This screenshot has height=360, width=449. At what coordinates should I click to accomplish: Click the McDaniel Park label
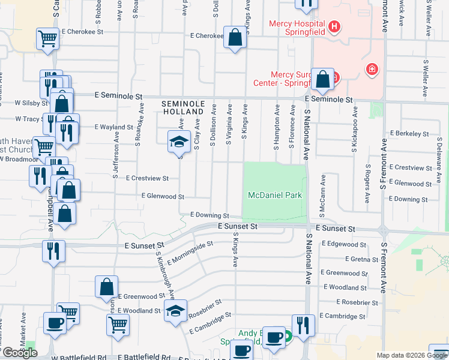point(275,196)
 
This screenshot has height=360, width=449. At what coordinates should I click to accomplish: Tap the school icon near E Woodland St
point(175,311)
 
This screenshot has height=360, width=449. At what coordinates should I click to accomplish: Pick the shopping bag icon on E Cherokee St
point(235,37)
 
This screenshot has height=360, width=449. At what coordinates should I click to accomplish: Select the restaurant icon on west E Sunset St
point(53,250)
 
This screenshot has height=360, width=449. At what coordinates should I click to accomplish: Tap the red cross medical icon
point(372,70)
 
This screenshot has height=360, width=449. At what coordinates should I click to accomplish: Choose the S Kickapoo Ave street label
point(355,128)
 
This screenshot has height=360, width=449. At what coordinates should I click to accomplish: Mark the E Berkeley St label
point(409,134)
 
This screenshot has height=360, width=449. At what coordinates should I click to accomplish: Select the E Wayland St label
point(114,127)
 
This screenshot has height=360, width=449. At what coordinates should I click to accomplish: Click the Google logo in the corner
point(20,353)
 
